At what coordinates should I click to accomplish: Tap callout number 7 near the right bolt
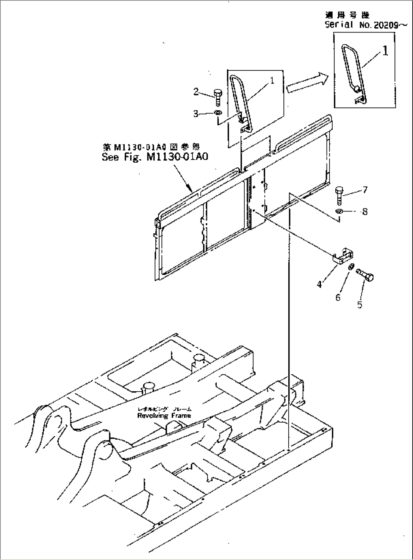coord(365,190)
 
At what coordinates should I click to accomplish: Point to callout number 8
coord(365,211)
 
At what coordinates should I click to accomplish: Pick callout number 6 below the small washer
coord(338,297)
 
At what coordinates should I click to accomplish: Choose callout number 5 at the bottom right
coord(360,304)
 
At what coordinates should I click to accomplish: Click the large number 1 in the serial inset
coord(385,51)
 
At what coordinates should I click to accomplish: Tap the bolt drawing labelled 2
coord(218,97)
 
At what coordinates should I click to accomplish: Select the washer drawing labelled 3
coord(218,113)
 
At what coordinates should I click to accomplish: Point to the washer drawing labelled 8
coord(339,211)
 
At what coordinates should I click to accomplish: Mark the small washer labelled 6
coord(351,268)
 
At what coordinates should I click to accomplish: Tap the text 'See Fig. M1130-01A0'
coord(155,157)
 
